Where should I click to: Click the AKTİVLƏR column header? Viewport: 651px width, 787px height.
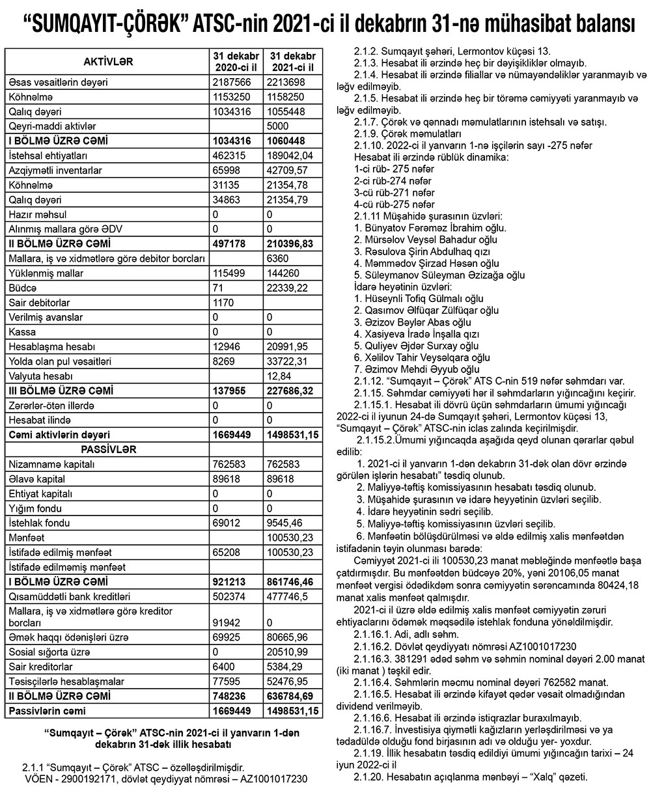pos(108,61)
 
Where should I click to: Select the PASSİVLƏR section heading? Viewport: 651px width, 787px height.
pos(108,449)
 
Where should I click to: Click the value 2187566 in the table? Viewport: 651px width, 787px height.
pos(232,83)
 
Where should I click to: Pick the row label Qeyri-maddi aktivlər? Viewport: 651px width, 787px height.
pos(53,126)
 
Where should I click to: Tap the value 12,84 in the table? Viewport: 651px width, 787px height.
pos(280,376)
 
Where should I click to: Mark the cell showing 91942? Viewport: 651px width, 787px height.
pos(228,624)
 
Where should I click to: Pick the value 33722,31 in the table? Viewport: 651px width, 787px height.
pos(290,362)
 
